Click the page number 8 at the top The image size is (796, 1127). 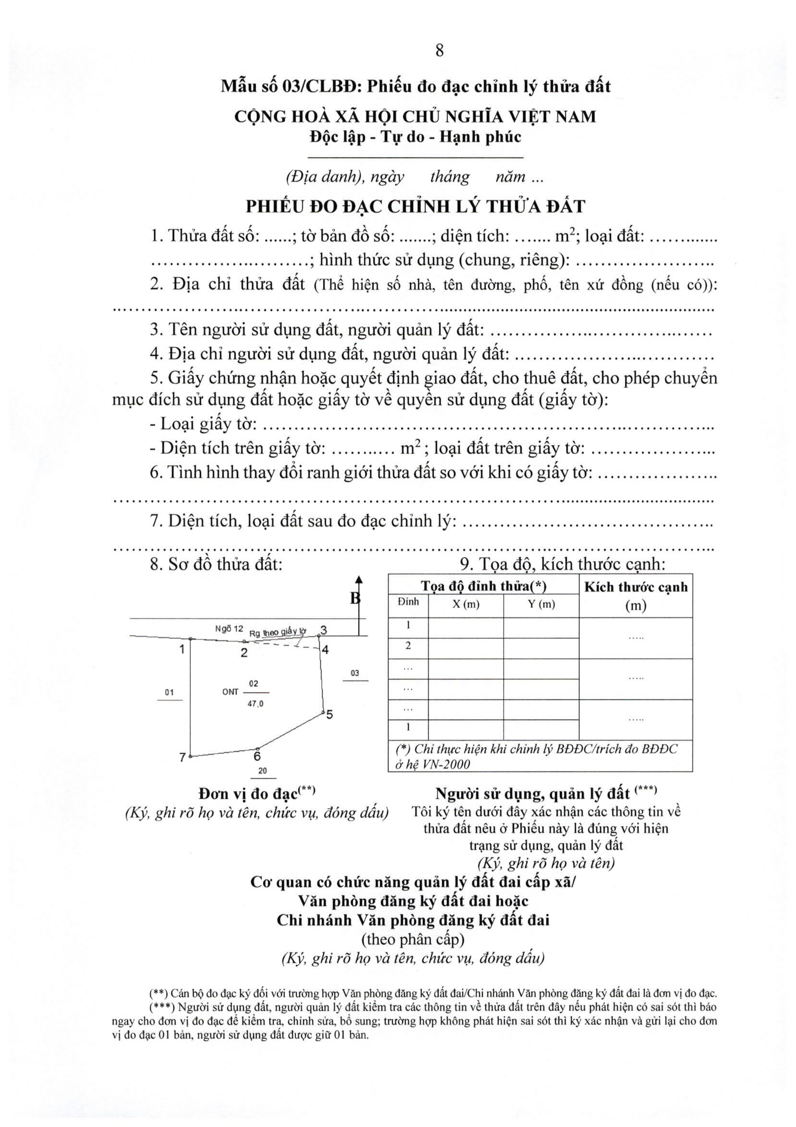point(439,51)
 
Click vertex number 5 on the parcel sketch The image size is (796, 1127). point(329,715)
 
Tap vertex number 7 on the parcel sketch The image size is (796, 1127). point(182,757)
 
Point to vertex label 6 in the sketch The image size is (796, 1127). point(257,757)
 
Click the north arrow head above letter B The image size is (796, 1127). point(359,580)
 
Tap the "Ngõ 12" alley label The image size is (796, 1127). point(229,629)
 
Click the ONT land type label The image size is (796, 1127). point(230,692)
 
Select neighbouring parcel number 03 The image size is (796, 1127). point(355,673)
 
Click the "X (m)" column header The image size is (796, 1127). point(465,605)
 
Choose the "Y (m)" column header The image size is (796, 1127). point(541,605)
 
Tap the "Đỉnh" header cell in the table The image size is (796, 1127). point(408,602)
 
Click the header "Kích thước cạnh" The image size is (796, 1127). point(636,588)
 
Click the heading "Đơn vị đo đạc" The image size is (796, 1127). point(248,794)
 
